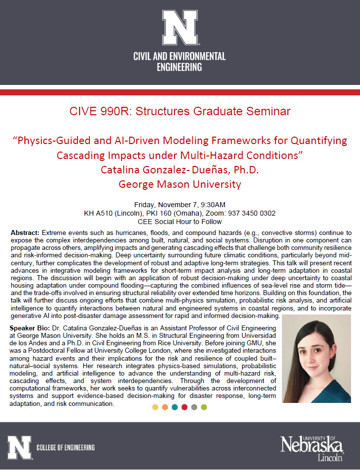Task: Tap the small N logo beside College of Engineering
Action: [x=19, y=447]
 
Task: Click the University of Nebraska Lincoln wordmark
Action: [x=312, y=448]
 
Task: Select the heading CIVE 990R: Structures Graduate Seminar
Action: [x=180, y=111]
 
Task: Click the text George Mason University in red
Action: [x=180, y=184]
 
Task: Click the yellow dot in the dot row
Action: [x=155, y=407]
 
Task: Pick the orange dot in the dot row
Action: [x=165, y=407]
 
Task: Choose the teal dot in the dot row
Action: [x=175, y=407]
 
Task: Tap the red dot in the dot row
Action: [x=184, y=407]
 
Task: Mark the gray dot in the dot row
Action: [x=194, y=407]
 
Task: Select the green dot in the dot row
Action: [x=204, y=407]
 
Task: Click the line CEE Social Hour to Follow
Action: [x=180, y=222]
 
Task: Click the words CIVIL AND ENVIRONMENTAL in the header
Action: [x=180, y=56]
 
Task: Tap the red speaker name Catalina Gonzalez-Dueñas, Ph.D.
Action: [x=180, y=169]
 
